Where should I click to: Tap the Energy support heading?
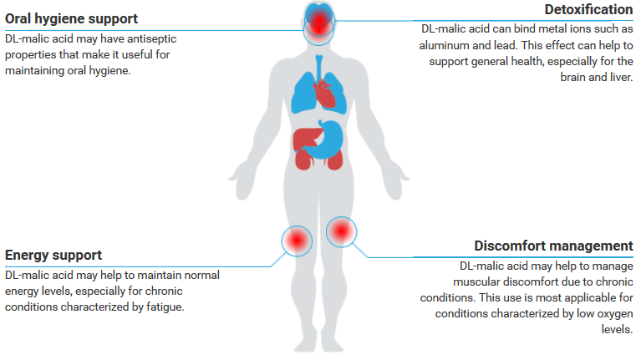53,255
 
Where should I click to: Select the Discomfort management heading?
553,246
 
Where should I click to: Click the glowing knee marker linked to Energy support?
297,241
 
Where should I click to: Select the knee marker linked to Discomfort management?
340,231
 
